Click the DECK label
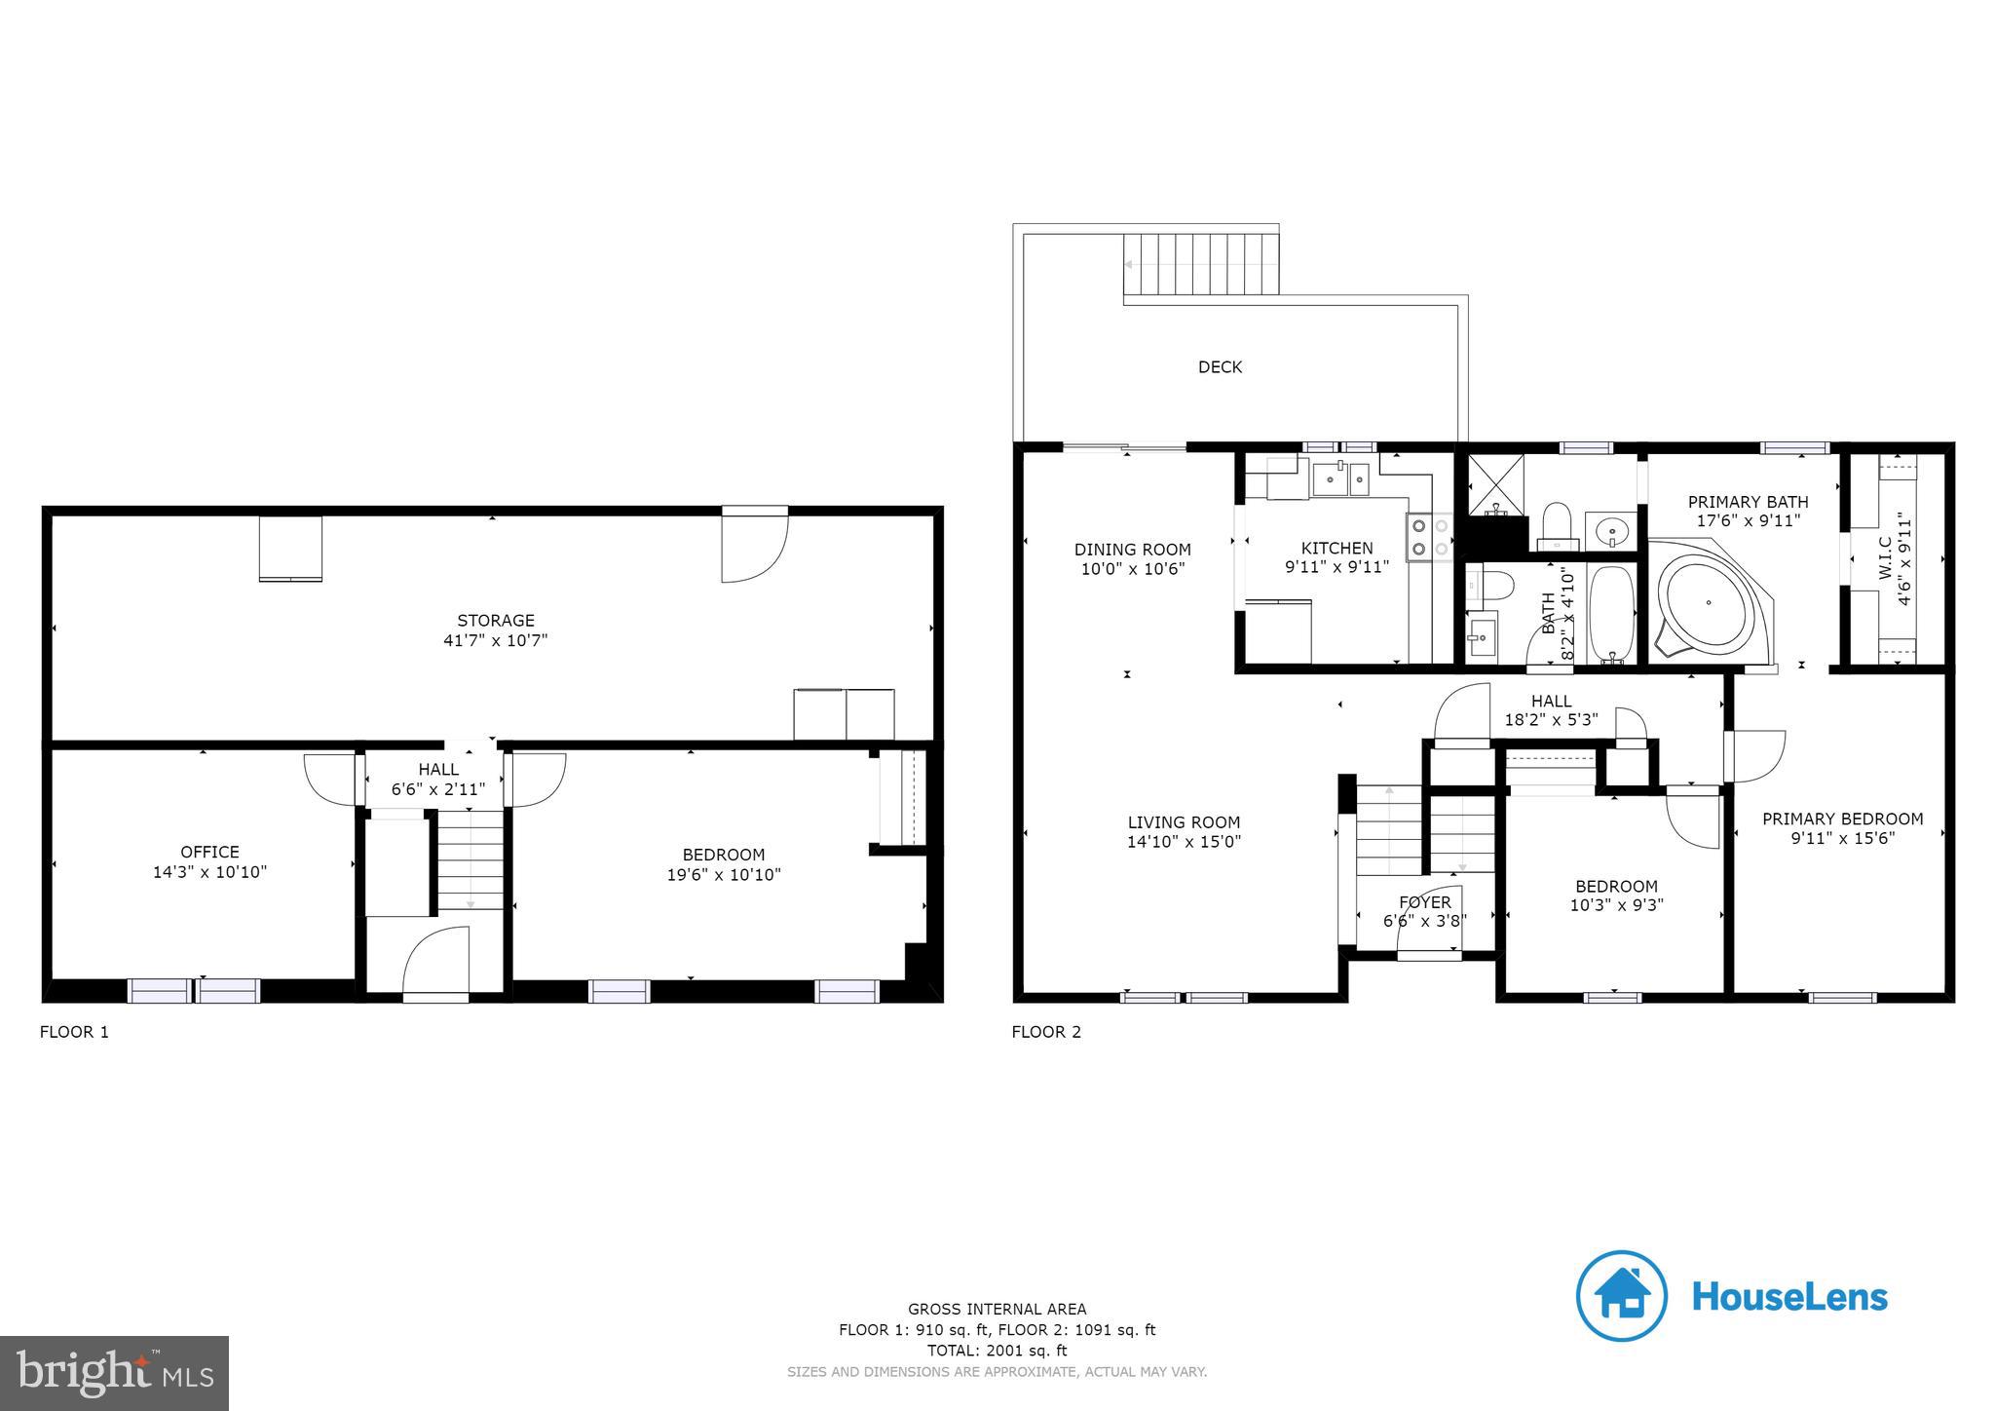[x=1220, y=367]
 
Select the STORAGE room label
[x=496, y=621]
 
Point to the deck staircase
[x=1200, y=264]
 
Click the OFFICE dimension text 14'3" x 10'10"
[x=209, y=872]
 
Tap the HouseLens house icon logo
[x=1622, y=1296]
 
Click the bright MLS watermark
[x=114, y=1373]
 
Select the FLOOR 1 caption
[x=74, y=1032]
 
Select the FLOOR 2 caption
[x=1046, y=1032]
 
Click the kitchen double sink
[x=1341, y=479]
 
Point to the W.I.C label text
[x=1885, y=559]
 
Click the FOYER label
[x=1424, y=902]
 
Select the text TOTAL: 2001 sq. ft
[x=997, y=1351]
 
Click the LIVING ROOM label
[x=1184, y=822]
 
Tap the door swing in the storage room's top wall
[x=753, y=548]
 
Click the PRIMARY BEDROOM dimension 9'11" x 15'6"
[x=1842, y=837]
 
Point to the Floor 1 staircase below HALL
[x=471, y=861]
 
